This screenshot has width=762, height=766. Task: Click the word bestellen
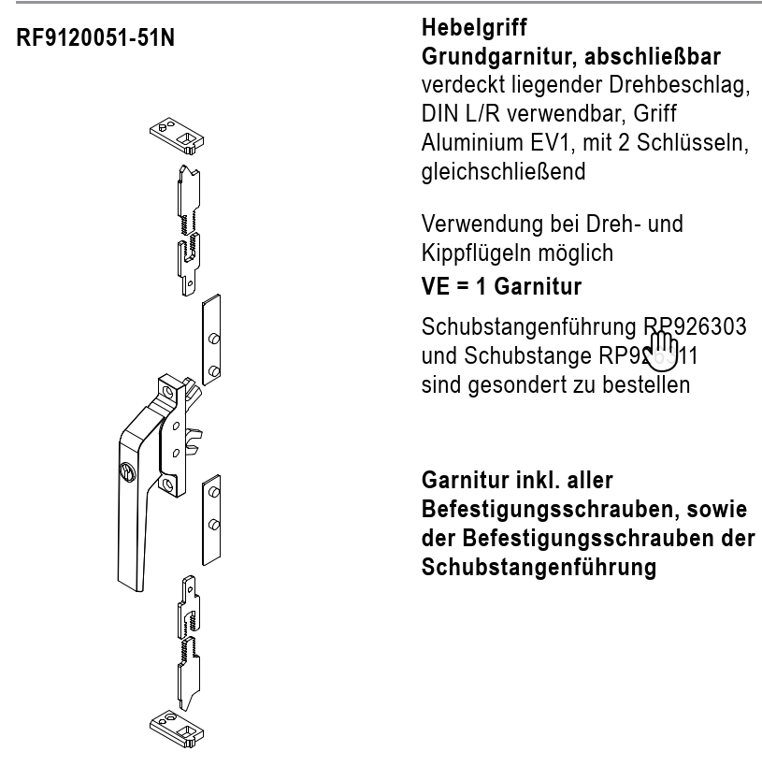click(645, 383)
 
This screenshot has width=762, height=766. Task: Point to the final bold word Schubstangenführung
click(538, 568)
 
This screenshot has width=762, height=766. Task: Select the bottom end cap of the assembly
click(177, 726)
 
